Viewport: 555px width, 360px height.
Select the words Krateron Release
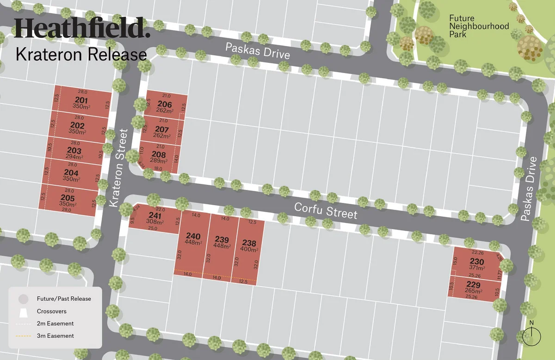pos(81,55)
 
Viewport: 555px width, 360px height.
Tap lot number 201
pos(81,103)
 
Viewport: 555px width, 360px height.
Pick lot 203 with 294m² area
pos(74,153)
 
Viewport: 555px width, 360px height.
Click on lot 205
pos(68,201)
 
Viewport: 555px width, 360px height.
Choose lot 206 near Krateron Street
pos(165,107)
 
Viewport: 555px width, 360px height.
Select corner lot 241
pos(155,218)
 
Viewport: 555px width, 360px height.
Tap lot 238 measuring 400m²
pos(249,245)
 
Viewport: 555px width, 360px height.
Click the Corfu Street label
pos(326,211)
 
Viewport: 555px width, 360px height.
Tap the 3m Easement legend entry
pos(55,336)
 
